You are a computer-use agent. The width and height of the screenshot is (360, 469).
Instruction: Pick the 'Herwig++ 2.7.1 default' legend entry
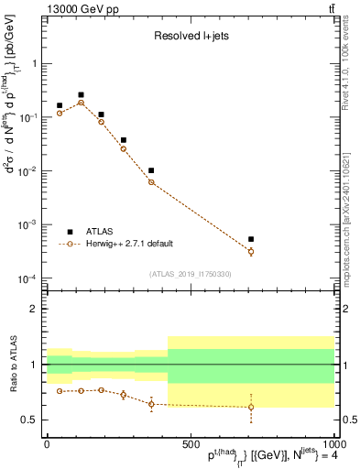127,244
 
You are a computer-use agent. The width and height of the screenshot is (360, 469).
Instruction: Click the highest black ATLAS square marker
81,94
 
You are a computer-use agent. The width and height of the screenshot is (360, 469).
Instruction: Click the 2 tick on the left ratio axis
33,309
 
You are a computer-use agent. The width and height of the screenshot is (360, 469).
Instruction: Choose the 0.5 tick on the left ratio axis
28,420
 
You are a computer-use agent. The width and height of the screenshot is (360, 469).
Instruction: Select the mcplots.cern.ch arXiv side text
345,206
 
